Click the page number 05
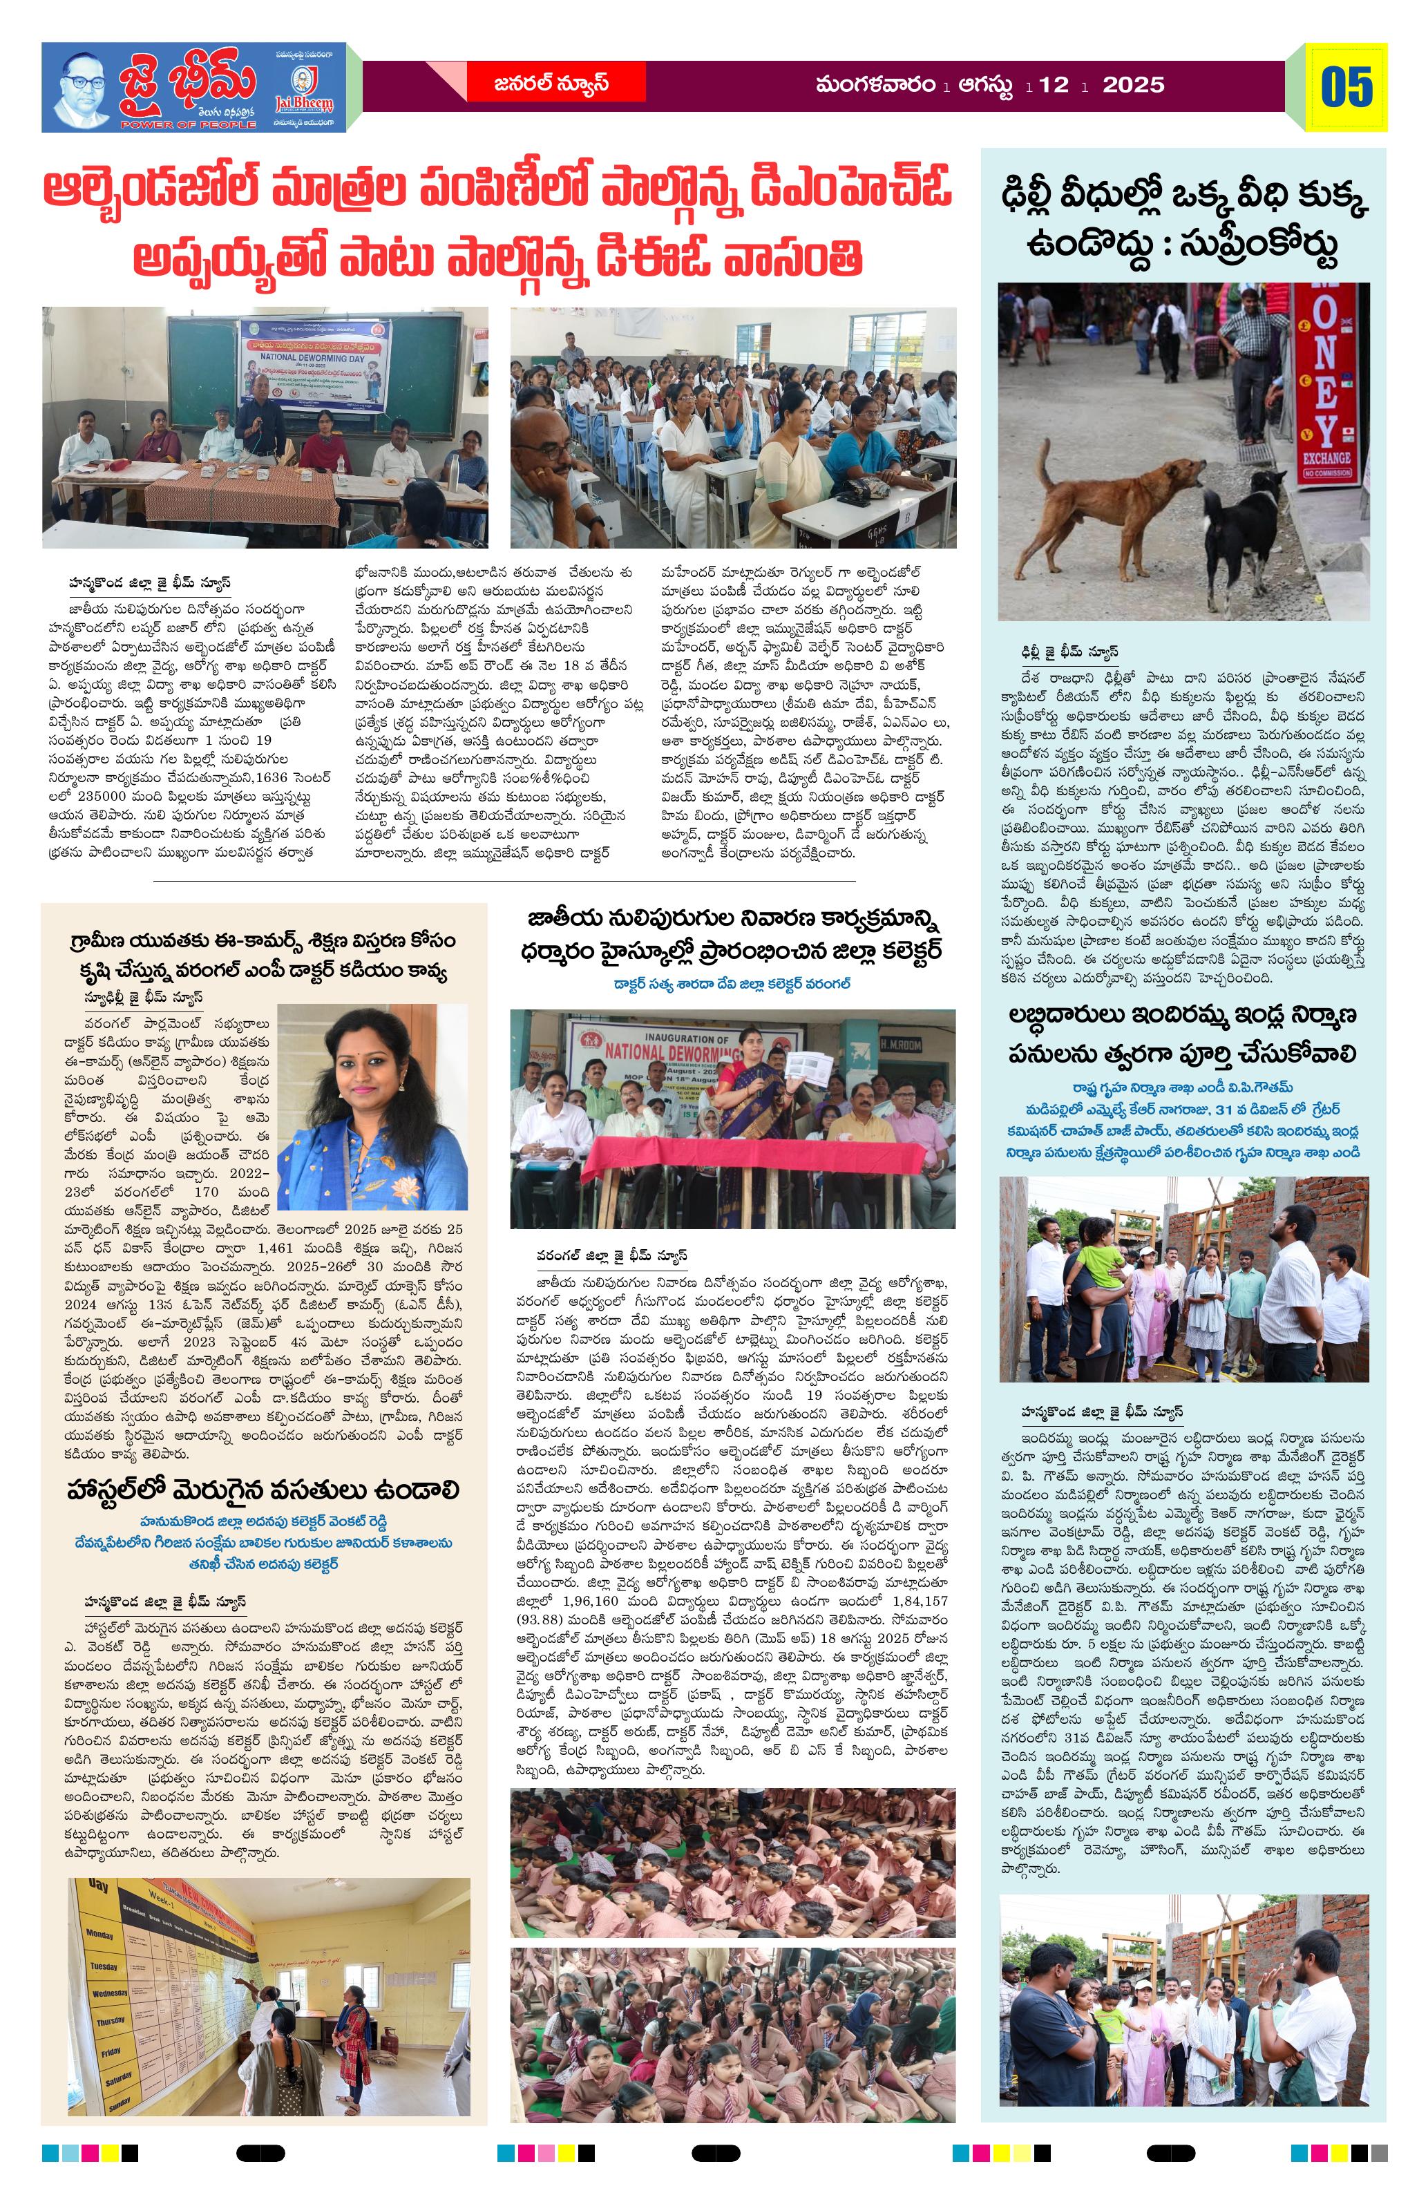1346,87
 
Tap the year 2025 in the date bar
1134,85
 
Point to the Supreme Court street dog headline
1183,225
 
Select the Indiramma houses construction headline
1183,1035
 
